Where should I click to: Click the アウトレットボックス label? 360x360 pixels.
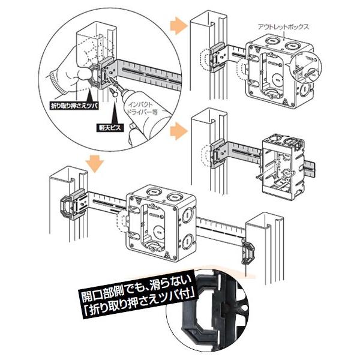[283, 27]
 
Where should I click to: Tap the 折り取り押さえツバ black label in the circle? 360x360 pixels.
[74, 106]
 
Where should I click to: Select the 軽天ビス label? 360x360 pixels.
[110, 128]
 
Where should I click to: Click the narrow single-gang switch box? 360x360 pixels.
[283, 167]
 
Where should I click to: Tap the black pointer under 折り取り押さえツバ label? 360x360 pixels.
[89, 96]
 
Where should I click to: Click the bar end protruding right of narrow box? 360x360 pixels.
[310, 169]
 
